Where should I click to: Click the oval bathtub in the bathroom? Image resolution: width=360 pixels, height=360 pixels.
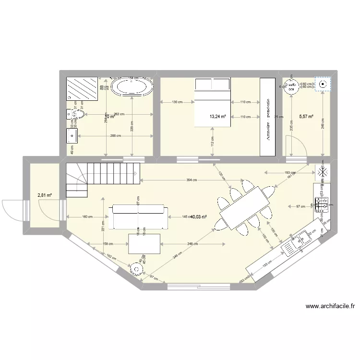(x=132, y=88)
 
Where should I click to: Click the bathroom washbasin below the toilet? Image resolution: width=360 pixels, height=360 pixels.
(x=72, y=136)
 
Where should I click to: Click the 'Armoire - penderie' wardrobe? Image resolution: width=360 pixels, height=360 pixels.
(x=267, y=117)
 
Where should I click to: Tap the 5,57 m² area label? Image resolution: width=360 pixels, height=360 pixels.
(x=306, y=116)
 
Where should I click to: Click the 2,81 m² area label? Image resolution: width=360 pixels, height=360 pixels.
(x=44, y=195)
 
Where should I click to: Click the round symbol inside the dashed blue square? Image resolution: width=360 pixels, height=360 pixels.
(x=323, y=84)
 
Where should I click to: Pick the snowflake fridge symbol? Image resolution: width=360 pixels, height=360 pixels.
(x=322, y=172)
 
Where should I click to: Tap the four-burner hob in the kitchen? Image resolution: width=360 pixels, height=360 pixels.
(x=321, y=205)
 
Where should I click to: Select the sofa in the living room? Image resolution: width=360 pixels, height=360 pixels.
(x=140, y=216)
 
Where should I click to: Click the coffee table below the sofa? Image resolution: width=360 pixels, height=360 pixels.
(x=144, y=243)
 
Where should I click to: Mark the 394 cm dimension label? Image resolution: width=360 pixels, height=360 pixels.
(x=192, y=180)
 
